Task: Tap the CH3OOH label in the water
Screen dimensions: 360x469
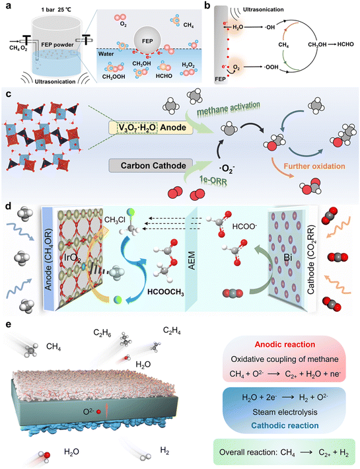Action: (114, 77)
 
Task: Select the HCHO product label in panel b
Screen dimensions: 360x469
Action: (345, 44)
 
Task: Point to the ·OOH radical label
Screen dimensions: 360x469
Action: (271, 67)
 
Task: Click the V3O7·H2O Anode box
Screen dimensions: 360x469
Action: (151, 127)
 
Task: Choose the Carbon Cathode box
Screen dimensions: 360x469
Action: (151, 166)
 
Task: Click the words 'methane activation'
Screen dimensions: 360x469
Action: (229, 108)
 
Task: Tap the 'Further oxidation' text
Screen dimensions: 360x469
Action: (314, 166)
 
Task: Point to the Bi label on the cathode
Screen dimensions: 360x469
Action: (288, 258)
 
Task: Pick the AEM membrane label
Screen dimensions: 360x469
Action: (191, 260)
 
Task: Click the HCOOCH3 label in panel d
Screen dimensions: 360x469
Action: (166, 292)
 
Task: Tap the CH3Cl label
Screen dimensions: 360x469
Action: (115, 221)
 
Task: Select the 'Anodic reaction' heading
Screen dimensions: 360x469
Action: (285, 345)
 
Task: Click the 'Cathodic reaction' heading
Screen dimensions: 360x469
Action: (285, 425)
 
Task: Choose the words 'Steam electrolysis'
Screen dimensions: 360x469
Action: (285, 412)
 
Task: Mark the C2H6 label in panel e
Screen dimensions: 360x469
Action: (102, 334)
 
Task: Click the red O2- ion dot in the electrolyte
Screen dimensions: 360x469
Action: (98, 412)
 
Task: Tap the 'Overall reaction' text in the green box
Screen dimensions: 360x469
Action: (249, 452)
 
